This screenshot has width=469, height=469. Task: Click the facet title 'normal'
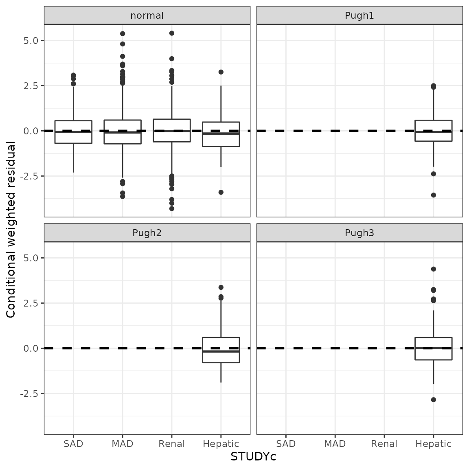click(x=147, y=15)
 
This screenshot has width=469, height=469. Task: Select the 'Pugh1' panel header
click(x=359, y=15)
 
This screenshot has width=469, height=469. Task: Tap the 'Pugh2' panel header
click(x=147, y=233)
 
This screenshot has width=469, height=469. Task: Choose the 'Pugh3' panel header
click(x=359, y=233)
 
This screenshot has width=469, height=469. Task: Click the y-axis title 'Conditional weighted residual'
click(x=11, y=229)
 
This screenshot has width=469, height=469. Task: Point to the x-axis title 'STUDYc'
click(x=253, y=457)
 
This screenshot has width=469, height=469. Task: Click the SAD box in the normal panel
click(x=73, y=132)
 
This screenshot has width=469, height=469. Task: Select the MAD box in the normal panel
click(x=123, y=132)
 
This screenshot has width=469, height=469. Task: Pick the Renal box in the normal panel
click(x=172, y=130)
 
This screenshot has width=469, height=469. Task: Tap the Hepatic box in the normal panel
click(x=221, y=134)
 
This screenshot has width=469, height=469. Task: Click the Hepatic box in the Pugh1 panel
click(x=434, y=131)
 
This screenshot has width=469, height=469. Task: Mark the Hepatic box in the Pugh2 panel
click(x=221, y=350)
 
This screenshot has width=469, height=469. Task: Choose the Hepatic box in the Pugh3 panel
click(x=434, y=348)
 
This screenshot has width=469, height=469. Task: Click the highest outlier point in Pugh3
click(x=434, y=269)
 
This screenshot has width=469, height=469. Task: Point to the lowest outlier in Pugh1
click(x=434, y=195)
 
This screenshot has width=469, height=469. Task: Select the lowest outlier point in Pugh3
click(x=434, y=400)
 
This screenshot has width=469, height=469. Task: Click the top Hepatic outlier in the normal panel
click(x=221, y=72)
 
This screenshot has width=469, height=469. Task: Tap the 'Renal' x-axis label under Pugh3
click(x=384, y=444)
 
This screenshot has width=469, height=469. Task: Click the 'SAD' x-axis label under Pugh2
click(x=73, y=444)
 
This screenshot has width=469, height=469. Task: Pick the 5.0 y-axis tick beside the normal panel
click(x=31, y=41)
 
